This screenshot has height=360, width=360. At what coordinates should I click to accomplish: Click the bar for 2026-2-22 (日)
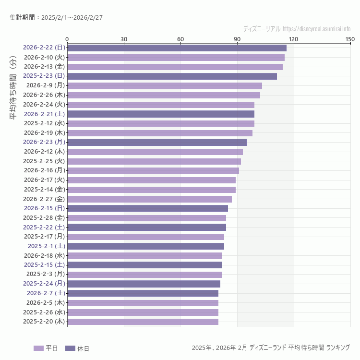pyautogui.click(x=177, y=48)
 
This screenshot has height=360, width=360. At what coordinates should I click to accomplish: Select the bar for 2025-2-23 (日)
pyautogui.click(x=172, y=76)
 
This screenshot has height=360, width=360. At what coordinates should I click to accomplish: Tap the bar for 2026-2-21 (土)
pyautogui.click(x=161, y=114)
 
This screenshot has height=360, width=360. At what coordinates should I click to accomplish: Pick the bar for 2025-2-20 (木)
pyautogui.click(x=143, y=322)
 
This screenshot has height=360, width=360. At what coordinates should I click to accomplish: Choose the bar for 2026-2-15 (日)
pyautogui.click(x=147, y=208)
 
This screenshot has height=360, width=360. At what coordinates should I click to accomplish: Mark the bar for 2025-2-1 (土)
pyautogui.click(x=145, y=246)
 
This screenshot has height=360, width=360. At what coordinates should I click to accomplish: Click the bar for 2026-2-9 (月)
pyautogui.click(x=165, y=86)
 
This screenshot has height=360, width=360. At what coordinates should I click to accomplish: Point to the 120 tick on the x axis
pyautogui.click(x=294, y=39)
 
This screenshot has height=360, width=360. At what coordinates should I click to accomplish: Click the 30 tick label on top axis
pyautogui.click(x=124, y=39)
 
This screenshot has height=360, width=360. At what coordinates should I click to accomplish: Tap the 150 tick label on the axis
pyautogui.click(x=350, y=39)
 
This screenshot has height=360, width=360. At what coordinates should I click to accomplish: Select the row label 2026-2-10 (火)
pyautogui.click(x=44, y=58)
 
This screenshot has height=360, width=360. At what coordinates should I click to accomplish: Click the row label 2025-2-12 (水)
pyautogui.click(x=44, y=123)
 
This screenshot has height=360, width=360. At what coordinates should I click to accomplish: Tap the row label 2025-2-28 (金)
pyautogui.click(x=44, y=218)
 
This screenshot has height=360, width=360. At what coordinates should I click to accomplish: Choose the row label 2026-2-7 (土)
pyautogui.click(x=46, y=293)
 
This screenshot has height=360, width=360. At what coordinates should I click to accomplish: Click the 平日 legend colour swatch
pyautogui.click(x=38, y=348)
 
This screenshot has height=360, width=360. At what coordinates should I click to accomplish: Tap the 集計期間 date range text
pyautogui.click(x=56, y=18)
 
